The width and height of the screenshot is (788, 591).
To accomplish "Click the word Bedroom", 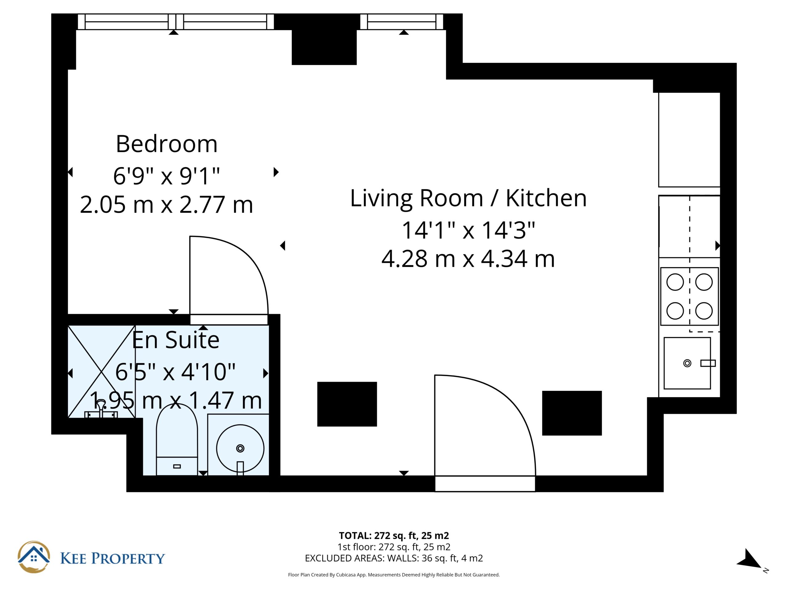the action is point(166,144).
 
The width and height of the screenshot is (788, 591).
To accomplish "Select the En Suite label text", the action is point(176,340).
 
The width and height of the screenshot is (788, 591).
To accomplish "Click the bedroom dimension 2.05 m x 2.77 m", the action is point(166,205).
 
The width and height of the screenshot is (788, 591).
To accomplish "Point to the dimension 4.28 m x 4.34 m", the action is point(468,259).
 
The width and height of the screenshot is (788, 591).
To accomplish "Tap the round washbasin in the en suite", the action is point(240,448).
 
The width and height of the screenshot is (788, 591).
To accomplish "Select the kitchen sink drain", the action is point(687,363).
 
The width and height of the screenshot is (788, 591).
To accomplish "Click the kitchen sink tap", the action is point(708,363).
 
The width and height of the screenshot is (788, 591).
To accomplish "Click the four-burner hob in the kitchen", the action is point(689,296).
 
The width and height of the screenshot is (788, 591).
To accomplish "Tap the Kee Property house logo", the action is point(34,557).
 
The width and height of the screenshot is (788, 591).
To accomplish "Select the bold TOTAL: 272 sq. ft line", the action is point(394,535).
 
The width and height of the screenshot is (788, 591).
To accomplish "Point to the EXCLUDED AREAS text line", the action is point(394,558).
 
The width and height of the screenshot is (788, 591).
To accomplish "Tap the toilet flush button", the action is point(177,466).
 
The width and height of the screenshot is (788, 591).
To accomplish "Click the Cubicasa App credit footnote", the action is point(394,575).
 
